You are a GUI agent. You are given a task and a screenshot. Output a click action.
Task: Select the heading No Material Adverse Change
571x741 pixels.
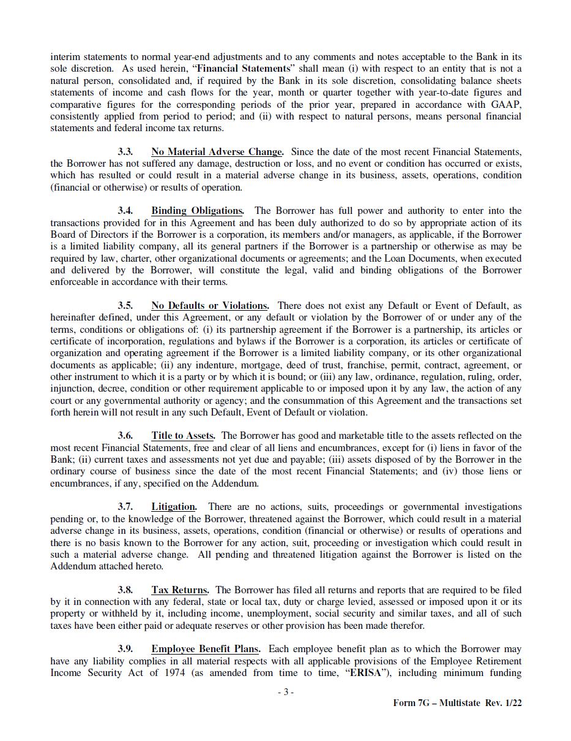(217, 151)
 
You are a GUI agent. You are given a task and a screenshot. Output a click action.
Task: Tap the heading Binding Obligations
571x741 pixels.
(197, 211)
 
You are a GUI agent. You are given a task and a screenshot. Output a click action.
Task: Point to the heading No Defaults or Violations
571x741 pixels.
(210, 305)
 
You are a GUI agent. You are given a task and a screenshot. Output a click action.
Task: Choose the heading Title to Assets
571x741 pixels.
(183, 436)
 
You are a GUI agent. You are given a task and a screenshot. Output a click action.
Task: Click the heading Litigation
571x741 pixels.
(174, 507)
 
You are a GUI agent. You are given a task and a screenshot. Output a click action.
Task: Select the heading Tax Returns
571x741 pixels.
(180, 590)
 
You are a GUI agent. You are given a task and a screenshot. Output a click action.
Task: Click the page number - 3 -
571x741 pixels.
(285, 692)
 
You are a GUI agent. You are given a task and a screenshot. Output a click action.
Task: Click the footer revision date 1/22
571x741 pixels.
(512, 703)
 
